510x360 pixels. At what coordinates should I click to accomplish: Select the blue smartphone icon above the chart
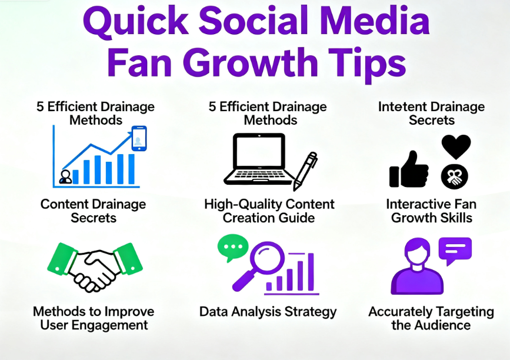pos(139,138)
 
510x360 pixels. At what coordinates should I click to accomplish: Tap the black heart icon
pos(456,146)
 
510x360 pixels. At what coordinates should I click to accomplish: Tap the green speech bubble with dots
pos(232,247)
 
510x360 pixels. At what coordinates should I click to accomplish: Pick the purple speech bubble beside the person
pos(455,250)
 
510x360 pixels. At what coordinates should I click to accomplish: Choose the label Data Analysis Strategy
pos(268,312)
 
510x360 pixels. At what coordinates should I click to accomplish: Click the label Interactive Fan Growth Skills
pos(431,211)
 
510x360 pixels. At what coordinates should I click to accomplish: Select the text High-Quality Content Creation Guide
pos(269,211)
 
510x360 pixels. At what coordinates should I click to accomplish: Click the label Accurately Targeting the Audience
pos(431,318)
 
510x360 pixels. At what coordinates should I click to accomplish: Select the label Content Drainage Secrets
pos(94,211)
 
